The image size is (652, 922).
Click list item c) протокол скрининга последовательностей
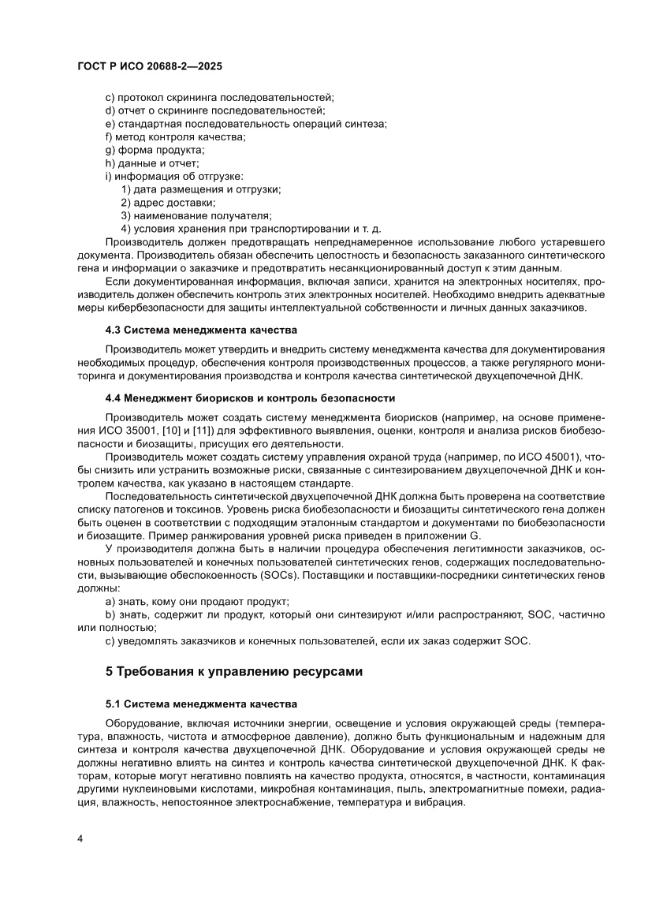click(219, 97)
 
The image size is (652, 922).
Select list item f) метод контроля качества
click(175, 137)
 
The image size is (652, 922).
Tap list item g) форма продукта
click(155, 150)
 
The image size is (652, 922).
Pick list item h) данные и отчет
click(152, 163)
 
